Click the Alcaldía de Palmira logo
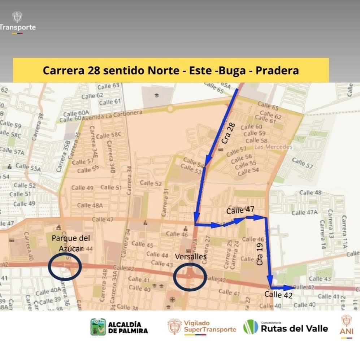[119, 327]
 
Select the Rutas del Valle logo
[286, 327]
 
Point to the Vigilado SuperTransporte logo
[202, 326]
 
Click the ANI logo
[346, 326]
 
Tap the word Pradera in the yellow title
[277, 70]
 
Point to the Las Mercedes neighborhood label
[273, 147]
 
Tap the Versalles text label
[190, 257]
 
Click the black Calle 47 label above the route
[240, 210]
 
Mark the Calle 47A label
[304, 212]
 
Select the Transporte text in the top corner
[18, 27]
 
